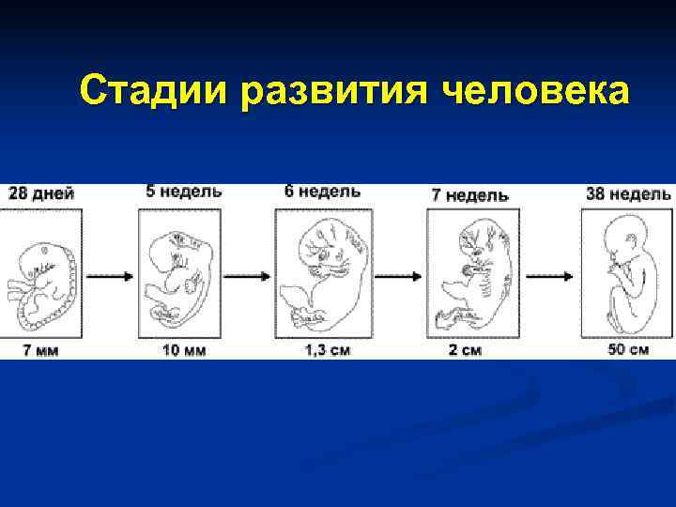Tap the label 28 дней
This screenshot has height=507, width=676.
coord(41,193)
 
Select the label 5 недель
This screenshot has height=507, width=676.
coord(184,191)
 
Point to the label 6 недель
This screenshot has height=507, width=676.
coord(322,191)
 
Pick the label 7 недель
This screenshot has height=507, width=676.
coord(469,195)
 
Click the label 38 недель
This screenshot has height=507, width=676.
coord(627,194)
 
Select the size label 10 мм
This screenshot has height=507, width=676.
coord(184,350)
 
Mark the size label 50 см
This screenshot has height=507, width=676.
coord(627,350)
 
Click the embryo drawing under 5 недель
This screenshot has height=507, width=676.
coord(180,272)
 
